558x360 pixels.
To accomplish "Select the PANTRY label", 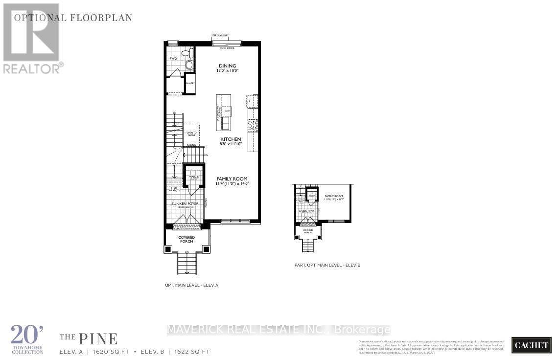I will (190, 84).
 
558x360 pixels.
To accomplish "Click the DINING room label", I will (227, 66).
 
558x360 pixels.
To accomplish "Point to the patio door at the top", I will (227, 43).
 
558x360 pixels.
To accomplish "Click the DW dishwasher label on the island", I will (227, 111).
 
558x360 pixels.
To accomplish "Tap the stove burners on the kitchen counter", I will (253, 125).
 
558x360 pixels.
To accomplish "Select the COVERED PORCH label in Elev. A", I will (186, 239).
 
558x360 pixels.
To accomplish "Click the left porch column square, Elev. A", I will (168, 249).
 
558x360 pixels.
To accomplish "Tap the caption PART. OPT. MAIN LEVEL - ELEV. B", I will (324, 265).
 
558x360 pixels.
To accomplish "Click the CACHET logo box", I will (531, 345).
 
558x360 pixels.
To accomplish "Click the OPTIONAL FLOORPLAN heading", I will (73, 18).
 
